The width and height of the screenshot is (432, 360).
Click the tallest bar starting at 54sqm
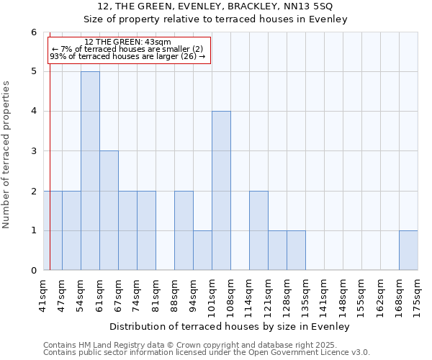click(90, 171)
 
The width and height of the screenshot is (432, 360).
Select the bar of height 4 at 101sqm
click(221, 191)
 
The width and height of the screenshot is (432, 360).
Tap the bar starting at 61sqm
click(109, 210)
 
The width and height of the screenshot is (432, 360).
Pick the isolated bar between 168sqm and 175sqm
click(408, 251)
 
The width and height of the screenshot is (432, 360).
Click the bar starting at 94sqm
click(202, 251)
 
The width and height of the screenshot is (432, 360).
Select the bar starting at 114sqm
click(258, 230)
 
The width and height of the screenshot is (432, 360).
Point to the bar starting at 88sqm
click(184, 230)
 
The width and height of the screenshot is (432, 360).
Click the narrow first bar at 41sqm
click(55, 230)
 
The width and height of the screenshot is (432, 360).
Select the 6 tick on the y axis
click(33, 32)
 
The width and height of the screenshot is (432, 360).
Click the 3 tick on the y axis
click(33, 151)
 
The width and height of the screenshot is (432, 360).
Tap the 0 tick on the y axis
click(33, 271)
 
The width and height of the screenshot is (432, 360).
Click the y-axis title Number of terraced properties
click(7, 155)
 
